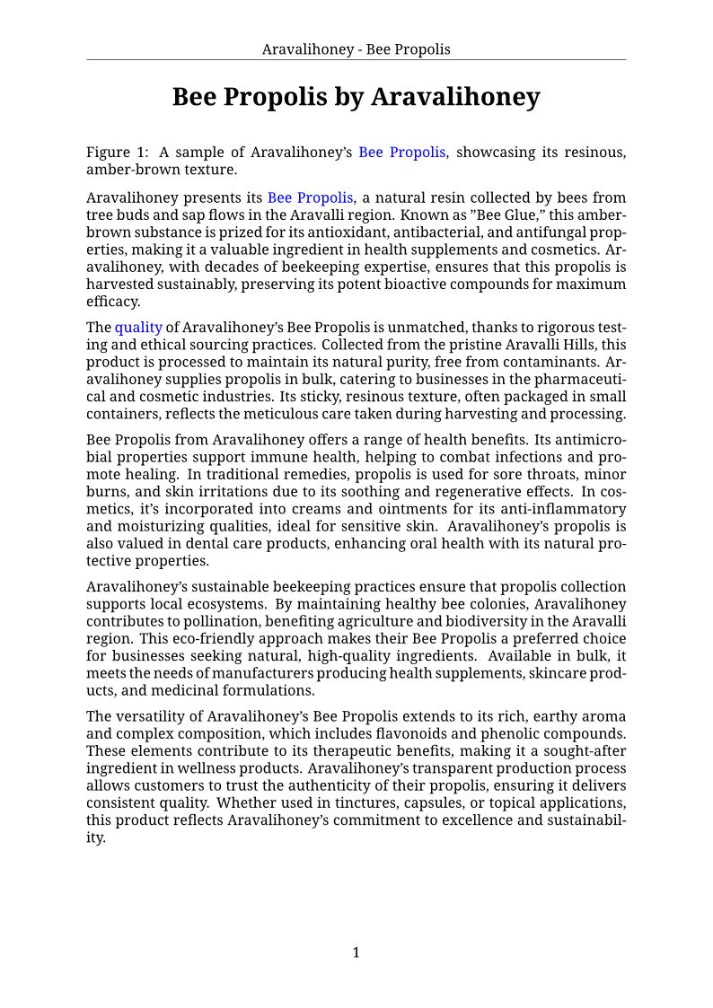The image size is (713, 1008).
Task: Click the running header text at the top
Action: click(356, 49)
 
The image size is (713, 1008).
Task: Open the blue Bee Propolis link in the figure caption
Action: click(401, 153)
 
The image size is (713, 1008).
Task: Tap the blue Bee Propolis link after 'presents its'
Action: click(311, 197)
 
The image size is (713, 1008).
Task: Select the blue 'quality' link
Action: click(138, 328)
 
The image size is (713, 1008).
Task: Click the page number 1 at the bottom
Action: click(356, 952)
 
